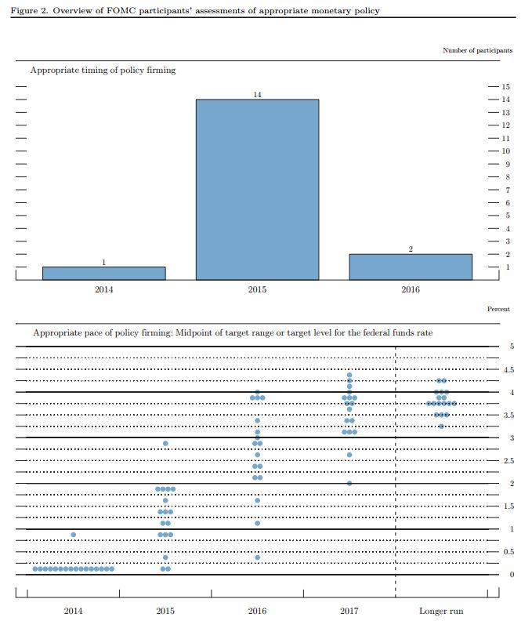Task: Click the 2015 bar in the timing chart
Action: coord(257,189)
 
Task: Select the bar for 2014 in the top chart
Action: coord(103,273)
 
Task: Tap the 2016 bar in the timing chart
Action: coord(411,267)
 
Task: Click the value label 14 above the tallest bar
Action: coord(257,94)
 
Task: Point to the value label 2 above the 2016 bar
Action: coord(411,249)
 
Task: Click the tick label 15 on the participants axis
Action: coord(506,87)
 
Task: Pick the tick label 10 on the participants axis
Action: coord(506,151)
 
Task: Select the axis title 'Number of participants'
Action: coord(477,50)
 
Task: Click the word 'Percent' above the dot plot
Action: coord(498,309)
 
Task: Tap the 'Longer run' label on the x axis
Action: coord(441,610)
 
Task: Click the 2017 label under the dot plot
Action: coord(349,610)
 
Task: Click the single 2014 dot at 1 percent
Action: coord(73,535)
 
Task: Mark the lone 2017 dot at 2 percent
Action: coord(349,483)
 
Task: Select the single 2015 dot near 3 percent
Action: coord(165,444)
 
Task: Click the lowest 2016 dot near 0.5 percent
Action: coord(257,557)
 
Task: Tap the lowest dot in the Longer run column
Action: coord(441,426)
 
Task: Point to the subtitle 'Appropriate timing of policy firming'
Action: coord(103,70)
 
